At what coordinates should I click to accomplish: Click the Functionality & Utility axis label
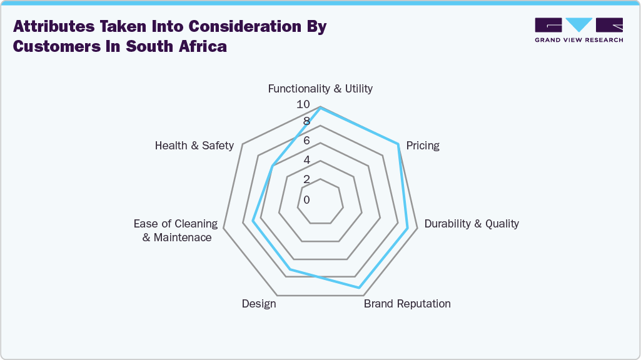(320, 89)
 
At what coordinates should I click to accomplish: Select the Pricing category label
(423, 146)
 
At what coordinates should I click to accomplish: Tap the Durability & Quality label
(472, 224)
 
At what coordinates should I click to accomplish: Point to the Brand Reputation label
(407, 304)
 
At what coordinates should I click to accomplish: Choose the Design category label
(259, 304)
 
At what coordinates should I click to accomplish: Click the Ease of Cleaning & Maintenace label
(176, 231)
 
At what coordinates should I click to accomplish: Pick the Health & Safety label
(194, 146)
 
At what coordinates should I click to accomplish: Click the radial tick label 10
(303, 104)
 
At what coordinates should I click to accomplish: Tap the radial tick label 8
(306, 121)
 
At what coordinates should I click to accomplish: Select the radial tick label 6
(306, 141)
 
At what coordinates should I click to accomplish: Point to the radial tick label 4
(306, 160)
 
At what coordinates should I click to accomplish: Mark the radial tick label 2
(306, 179)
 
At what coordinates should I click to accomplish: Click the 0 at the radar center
(306, 200)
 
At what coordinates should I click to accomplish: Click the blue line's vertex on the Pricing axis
(398, 144)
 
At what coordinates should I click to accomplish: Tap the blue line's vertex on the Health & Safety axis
(273, 166)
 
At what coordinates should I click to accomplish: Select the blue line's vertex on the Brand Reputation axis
(360, 287)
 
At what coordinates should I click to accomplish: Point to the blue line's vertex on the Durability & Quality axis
(408, 229)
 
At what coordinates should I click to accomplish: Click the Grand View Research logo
(578, 30)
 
